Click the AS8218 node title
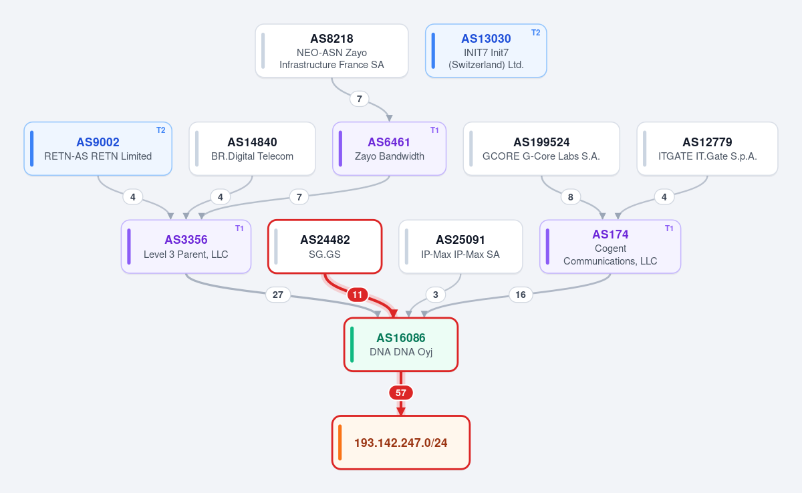(x=331, y=39)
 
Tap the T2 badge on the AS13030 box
(x=535, y=33)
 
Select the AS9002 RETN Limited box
(x=98, y=148)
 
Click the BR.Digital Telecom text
(x=252, y=156)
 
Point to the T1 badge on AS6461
(x=434, y=130)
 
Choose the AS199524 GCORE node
(x=541, y=148)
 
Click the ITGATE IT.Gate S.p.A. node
(x=707, y=148)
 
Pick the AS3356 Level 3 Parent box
(x=186, y=246)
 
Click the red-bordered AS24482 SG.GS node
(x=325, y=246)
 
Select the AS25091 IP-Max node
(x=460, y=246)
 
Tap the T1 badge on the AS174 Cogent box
(x=669, y=228)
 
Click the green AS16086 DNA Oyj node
(x=400, y=345)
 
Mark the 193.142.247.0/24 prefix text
(x=400, y=443)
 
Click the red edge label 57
(x=400, y=393)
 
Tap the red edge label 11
(x=358, y=295)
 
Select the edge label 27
(x=278, y=295)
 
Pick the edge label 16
(x=521, y=295)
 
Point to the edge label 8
(x=570, y=197)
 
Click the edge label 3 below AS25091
(x=435, y=295)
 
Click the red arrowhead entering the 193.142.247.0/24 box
(x=400, y=411)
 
